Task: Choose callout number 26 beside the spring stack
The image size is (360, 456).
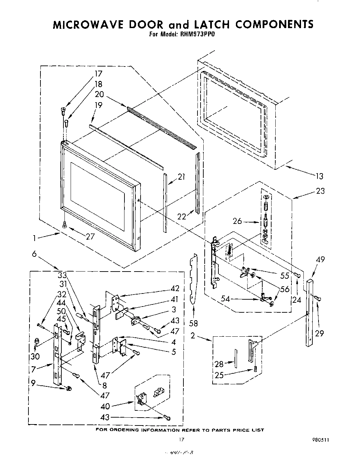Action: (x=238, y=221)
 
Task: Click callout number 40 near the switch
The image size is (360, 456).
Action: (x=106, y=406)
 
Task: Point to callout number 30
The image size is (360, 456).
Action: (x=35, y=356)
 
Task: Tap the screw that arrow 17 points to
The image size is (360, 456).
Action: (x=62, y=110)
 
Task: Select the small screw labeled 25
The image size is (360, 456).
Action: (x=255, y=369)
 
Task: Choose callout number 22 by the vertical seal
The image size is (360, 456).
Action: (x=182, y=216)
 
